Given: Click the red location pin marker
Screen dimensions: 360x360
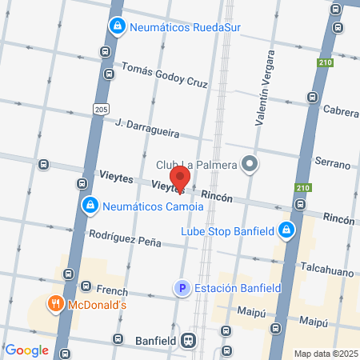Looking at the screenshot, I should point(180,178).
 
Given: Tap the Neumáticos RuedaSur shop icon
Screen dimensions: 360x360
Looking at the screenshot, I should point(118,26).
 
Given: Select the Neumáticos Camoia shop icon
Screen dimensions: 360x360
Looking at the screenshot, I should point(91,206).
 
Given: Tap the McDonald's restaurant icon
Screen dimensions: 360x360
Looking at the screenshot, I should point(55,303).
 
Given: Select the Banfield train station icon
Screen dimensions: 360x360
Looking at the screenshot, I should point(189,339).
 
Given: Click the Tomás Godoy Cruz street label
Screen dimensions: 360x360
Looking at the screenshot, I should point(164,77).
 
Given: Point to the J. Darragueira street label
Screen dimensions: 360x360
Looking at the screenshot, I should point(147,128).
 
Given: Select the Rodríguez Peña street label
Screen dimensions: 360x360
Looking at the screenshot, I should point(125,238).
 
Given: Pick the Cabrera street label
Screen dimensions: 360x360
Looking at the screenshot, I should point(341,111).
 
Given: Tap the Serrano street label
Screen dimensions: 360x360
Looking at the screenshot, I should point(333,164).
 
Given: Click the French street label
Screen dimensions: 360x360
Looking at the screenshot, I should point(111,290).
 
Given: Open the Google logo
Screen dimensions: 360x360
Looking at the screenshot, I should point(26,350).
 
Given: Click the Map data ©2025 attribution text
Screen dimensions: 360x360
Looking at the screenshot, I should point(326,354).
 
